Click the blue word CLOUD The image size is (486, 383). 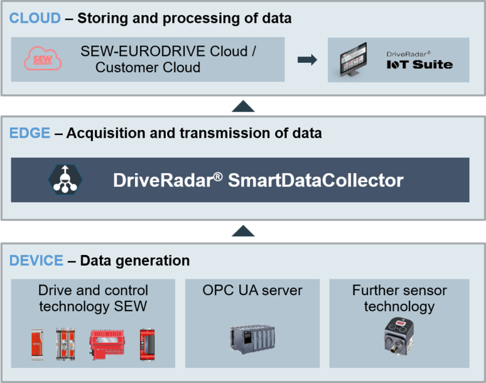click(x=35, y=18)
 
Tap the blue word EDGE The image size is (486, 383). click(x=30, y=133)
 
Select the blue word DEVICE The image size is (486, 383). click(x=36, y=260)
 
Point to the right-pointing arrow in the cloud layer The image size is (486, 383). click(x=306, y=60)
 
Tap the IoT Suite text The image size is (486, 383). click(x=419, y=64)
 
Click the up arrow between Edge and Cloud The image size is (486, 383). click(x=242, y=105)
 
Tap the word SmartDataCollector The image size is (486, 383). click(x=315, y=181)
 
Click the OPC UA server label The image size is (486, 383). click(x=252, y=291)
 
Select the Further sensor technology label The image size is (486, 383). click(x=399, y=298)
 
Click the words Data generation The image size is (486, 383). click(x=134, y=260)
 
